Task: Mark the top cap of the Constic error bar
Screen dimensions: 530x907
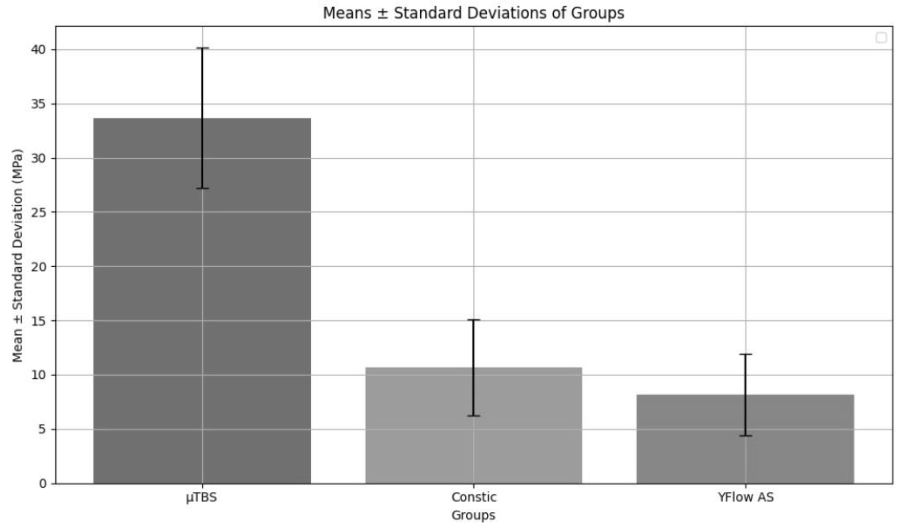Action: click(x=474, y=320)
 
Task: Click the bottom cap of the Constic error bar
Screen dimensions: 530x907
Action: click(x=474, y=416)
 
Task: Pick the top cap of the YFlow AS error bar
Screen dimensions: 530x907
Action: click(x=745, y=354)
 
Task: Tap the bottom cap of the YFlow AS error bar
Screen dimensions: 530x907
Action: click(x=745, y=436)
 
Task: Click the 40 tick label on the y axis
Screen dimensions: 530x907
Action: click(x=39, y=50)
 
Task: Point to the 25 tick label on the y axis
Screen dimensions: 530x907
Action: click(x=39, y=212)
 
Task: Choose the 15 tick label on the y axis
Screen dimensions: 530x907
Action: click(x=39, y=321)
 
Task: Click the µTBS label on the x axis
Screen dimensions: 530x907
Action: click(x=201, y=498)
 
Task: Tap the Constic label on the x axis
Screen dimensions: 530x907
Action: click(x=474, y=497)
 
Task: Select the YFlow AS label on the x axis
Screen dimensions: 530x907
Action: click(x=745, y=497)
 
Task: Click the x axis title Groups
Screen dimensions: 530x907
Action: click(x=473, y=515)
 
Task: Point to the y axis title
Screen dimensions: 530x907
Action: click(x=17, y=256)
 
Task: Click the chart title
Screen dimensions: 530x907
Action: click(x=473, y=13)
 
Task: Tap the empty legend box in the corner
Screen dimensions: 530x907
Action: click(x=881, y=38)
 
